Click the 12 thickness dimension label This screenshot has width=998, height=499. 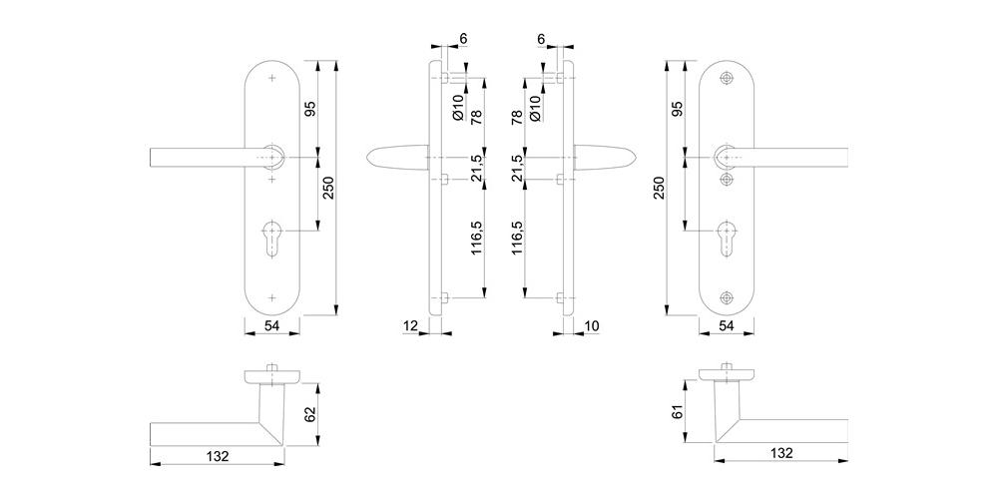(x=410, y=326)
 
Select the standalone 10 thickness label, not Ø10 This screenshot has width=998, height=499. (x=591, y=326)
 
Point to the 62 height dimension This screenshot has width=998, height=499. (x=310, y=415)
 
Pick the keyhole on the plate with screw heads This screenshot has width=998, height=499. (x=727, y=239)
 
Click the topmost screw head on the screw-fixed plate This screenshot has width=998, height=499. (x=727, y=78)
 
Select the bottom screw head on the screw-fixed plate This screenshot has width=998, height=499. (x=727, y=297)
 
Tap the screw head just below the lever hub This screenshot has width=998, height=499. (x=727, y=180)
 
